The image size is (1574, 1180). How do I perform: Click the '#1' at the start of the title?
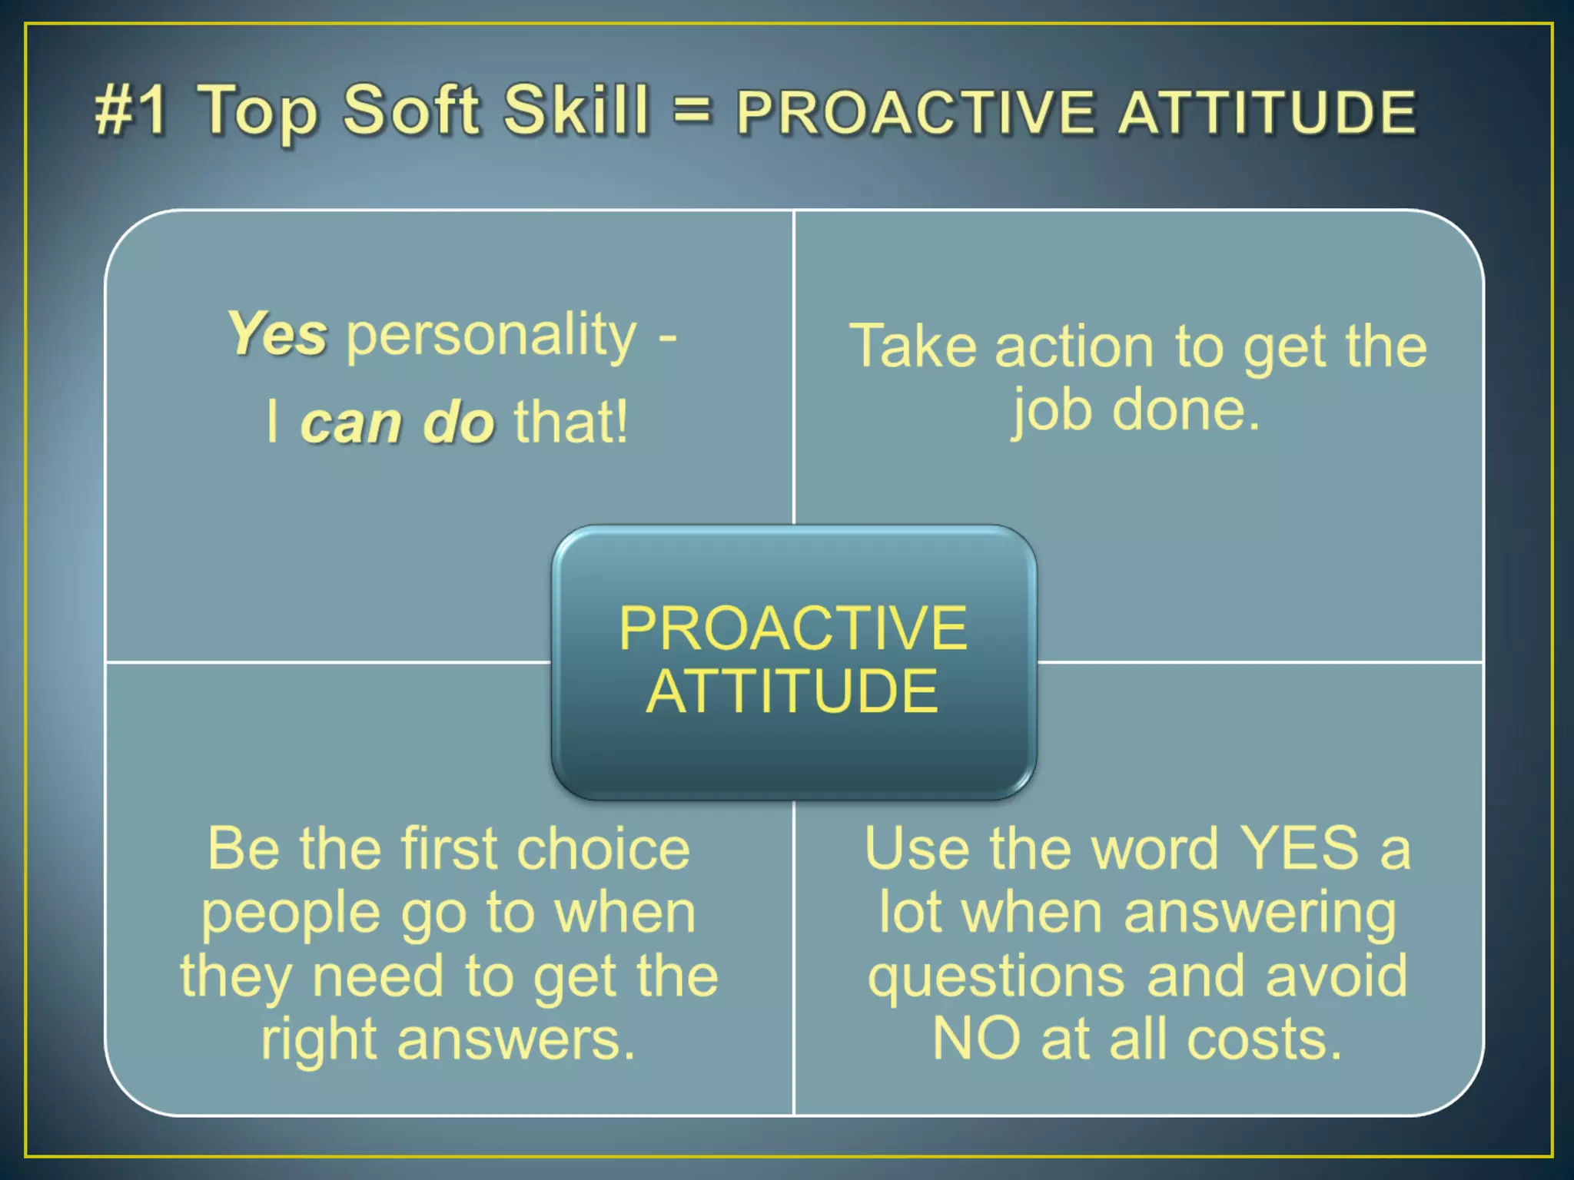tap(131, 111)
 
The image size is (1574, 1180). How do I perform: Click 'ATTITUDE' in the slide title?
tap(1267, 113)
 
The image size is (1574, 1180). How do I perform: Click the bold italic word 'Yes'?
tap(277, 335)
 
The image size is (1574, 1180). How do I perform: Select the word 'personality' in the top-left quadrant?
tap(492, 336)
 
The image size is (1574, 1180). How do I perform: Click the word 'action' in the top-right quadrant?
tap(1074, 347)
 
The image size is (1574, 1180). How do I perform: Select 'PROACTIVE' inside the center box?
tap(793, 628)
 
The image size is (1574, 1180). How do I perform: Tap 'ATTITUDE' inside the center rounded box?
tap(792, 691)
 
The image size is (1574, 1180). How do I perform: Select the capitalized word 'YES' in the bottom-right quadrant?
tap(1300, 849)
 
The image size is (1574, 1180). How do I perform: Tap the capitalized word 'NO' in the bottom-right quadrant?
tap(976, 1039)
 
